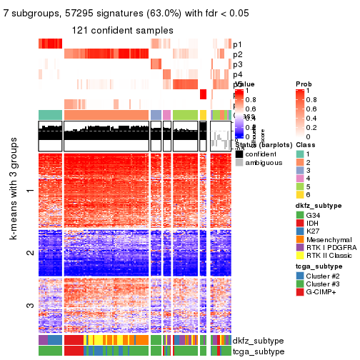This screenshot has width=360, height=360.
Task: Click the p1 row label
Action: pos(237,44)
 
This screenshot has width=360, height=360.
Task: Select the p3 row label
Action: pos(237,64)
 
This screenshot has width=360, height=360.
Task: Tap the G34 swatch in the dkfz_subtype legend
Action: pos(300,215)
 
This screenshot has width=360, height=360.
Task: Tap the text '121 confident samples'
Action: pos(122,30)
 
